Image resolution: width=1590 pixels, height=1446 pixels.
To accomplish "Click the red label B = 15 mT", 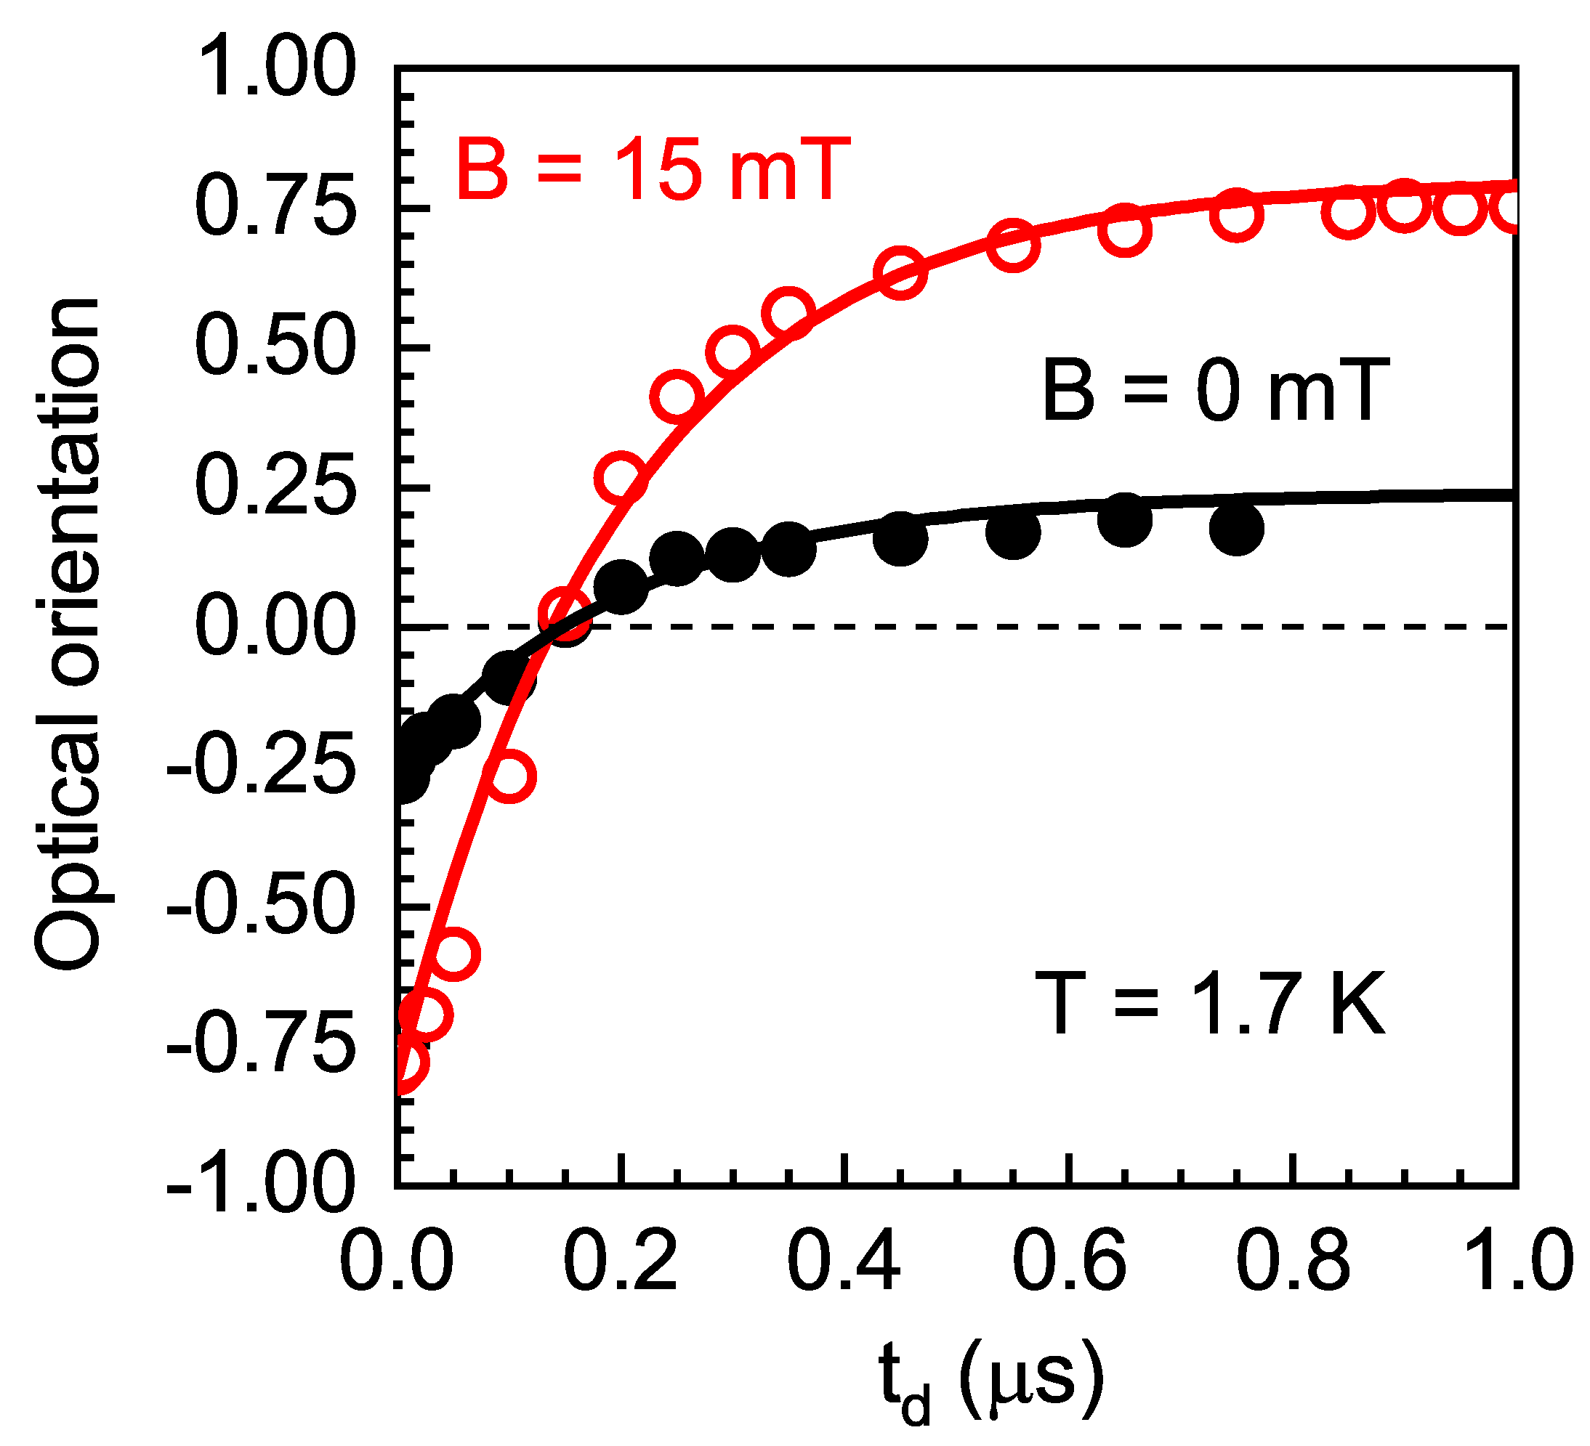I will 654,169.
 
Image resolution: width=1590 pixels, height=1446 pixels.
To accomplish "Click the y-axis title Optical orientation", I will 68,635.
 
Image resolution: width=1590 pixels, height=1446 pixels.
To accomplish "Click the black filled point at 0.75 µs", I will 1237,529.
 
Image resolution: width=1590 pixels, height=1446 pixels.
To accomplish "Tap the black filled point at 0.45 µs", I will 900,538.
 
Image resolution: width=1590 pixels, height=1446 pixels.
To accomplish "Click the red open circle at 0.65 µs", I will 1125,231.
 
